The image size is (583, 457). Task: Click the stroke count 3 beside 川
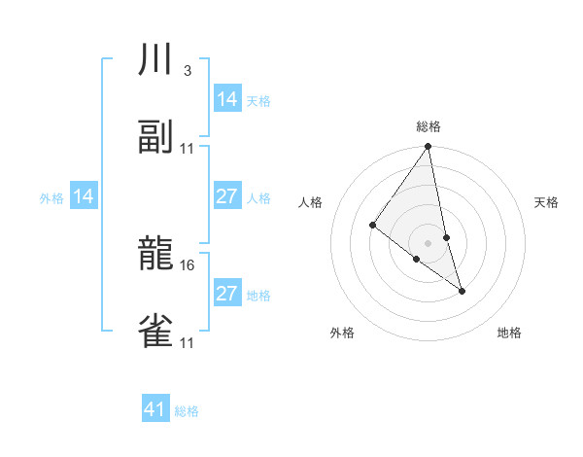click(187, 71)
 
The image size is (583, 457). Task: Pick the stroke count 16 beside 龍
click(189, 264)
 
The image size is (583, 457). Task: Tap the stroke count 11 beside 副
click(188, 148)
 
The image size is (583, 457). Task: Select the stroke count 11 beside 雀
click(188, 341)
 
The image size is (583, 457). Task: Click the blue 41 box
click(155, 409)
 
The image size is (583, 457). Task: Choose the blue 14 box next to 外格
click(84, 197)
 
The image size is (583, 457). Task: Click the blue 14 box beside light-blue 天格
click(227, 99)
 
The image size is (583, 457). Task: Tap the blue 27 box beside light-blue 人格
click(227, 196)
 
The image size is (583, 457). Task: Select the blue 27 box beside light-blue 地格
click(227, 294)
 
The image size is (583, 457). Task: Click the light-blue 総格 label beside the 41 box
click(187, 411)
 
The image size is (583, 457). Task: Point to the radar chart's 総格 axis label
click(429, 126)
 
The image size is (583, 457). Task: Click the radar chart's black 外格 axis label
click(342, 334)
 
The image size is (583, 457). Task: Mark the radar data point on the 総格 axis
click(429, 148)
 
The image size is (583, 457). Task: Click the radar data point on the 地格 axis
click(462, 290)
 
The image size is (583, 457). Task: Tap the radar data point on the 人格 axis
click(372, 226)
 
